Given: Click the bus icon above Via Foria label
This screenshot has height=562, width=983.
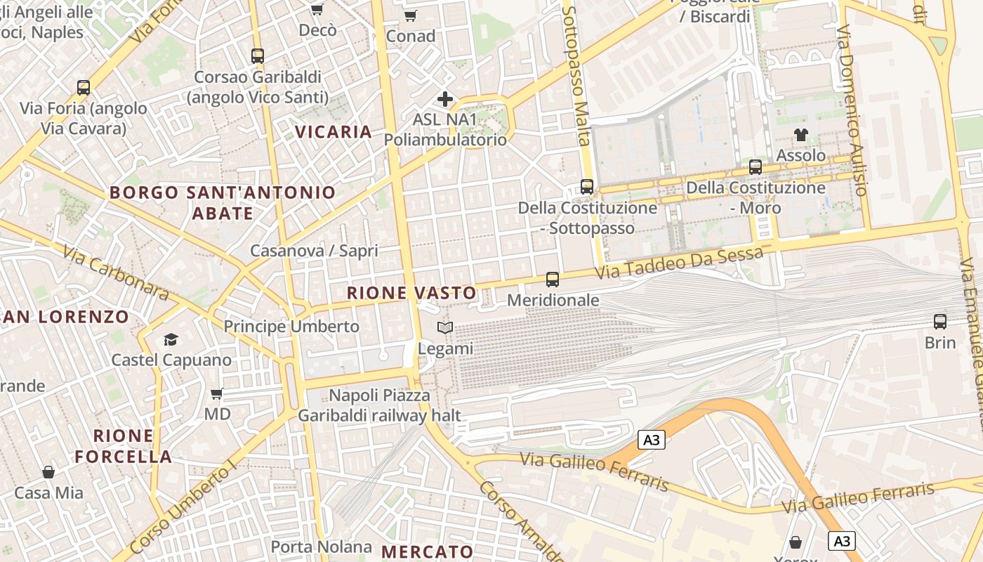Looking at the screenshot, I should [84, 88].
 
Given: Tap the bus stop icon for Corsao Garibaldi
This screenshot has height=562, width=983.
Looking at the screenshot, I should [258, 56].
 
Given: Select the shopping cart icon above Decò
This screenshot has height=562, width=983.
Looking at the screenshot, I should [317, 10].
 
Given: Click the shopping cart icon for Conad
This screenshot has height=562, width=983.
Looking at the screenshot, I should [411, 15].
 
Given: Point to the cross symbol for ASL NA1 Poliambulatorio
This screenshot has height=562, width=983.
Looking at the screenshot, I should [444, 99].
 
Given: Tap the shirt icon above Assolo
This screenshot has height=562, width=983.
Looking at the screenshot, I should [800, 134].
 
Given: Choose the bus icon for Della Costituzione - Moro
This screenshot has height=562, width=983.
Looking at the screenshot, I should [756, 167].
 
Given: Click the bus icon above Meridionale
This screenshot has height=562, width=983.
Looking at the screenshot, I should [553, 280].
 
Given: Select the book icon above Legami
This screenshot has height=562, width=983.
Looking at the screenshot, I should [445, 327].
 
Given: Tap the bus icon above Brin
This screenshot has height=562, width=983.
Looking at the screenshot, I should [940, 322].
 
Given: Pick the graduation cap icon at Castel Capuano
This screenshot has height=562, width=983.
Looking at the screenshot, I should [171, 340].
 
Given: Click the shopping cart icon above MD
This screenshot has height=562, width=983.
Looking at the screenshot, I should [217, 394].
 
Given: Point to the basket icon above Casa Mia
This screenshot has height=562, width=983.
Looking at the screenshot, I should [48, 472].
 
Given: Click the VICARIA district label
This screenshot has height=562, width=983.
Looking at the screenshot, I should [334, 132].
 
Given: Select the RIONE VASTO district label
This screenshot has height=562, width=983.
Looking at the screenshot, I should [411, 293].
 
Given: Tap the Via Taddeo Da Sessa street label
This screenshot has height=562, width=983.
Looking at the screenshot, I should [678, 262].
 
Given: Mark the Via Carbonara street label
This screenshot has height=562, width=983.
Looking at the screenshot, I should [116, 273].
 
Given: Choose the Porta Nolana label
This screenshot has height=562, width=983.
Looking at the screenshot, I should [322, 547].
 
